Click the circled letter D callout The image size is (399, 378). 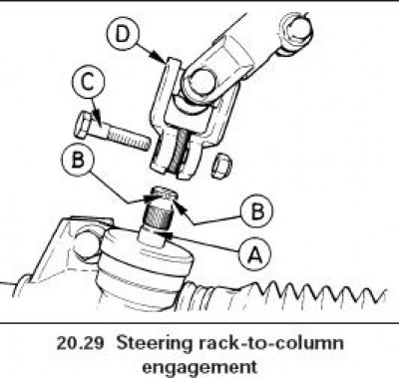click(x=123, y=33)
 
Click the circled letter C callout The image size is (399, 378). click(x=88, y=83)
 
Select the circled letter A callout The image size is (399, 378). click(x=255, y=255)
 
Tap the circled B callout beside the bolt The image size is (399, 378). click(x=78, y=160)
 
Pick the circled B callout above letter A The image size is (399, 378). click(x=257, y=210)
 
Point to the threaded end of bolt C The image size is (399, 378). click(x=131, y=139)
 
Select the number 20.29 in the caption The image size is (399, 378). click(x=80, y=343)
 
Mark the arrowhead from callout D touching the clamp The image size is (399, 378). click(x=164, y=61)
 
